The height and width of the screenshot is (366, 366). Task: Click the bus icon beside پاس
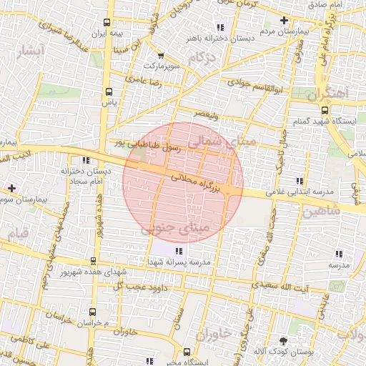pyautogui.click(x=109, y=91)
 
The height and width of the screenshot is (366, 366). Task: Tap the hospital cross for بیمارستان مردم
pyautogui.click(x=285, y=20)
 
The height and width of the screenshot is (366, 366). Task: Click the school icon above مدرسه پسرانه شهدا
pyautogui.click(x=179, y=251)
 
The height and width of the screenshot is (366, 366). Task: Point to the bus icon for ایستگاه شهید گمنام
pyautogui.click(x=325, y=110)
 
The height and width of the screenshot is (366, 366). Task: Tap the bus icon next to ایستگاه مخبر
pyautogui.click(x=187, y=352)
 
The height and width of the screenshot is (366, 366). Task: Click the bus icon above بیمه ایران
pyautogui.click(x=107, y=22)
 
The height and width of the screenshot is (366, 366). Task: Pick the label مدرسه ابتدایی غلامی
pyautogui.click(x=301, y=192)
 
